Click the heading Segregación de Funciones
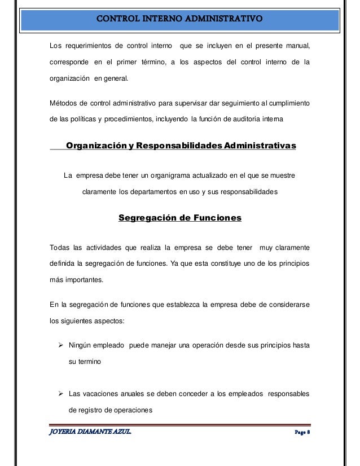tap(180, 218)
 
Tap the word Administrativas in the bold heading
tap(260, 146)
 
